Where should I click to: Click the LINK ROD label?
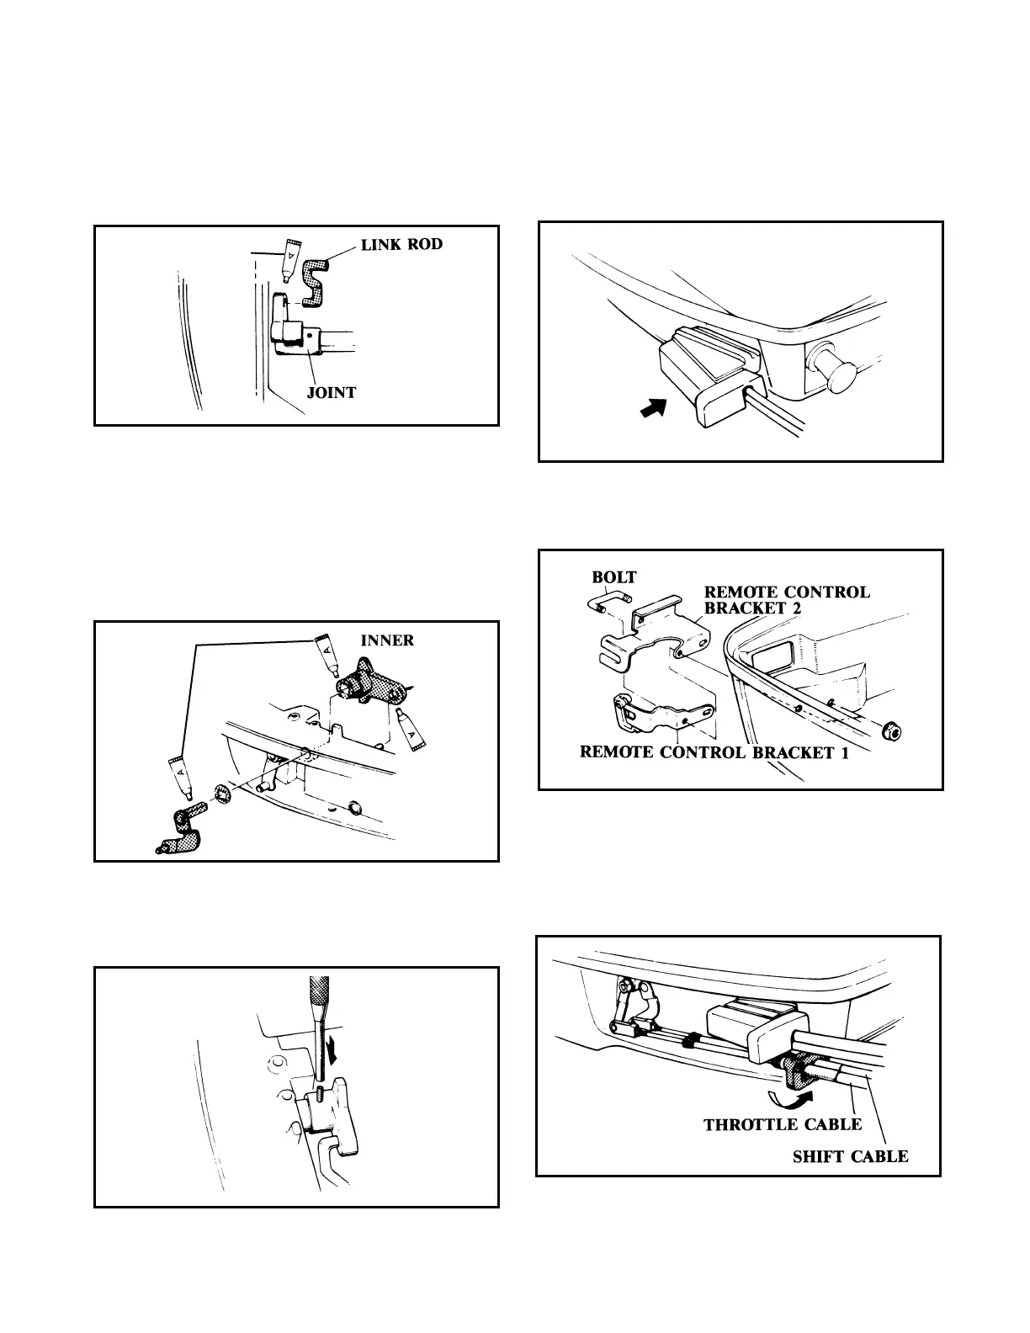401,245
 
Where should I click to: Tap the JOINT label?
332,392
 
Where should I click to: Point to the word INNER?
387,640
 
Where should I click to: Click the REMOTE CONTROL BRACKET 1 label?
714,752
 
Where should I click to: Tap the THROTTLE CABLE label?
783,1124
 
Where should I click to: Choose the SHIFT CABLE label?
850,1156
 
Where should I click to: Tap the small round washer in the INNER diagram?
223,793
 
